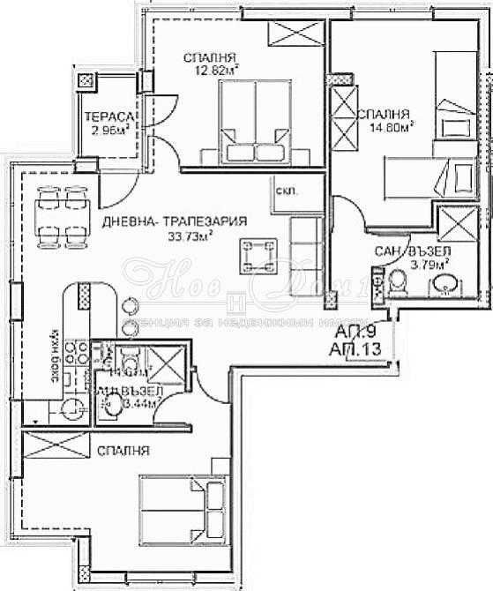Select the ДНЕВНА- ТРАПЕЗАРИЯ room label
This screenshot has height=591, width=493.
[174, 221]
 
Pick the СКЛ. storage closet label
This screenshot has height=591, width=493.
[287, 191]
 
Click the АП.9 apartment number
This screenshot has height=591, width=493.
[357, 333]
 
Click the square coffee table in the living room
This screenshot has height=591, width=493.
[260, 256]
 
